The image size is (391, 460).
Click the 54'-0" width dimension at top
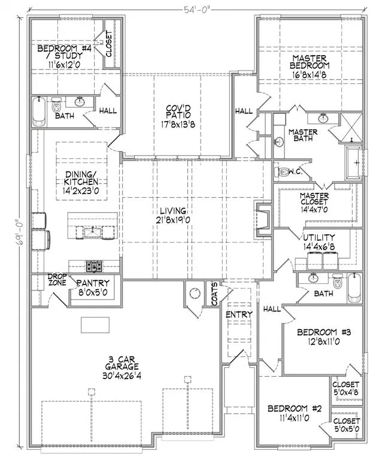196,10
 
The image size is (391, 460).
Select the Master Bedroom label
310,62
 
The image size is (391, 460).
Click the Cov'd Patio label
178,112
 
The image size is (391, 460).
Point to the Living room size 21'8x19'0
173,220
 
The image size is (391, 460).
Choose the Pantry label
93,283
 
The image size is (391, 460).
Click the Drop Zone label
57,280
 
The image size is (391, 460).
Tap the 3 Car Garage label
122,363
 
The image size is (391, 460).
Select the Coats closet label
215,294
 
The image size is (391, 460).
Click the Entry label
239,314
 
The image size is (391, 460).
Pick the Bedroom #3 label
324,332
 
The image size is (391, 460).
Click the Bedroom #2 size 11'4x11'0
294,417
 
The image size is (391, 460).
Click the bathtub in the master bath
354,162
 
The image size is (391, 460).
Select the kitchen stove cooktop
94,266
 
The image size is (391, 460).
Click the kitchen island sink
93,233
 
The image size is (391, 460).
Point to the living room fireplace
262,219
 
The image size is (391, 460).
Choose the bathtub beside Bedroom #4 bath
39,112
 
